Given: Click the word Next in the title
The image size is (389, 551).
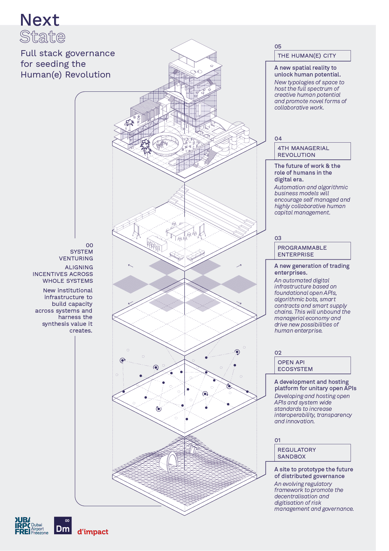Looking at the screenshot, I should tap(40, 20).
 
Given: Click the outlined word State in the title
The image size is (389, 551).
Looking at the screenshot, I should tap(42, 37).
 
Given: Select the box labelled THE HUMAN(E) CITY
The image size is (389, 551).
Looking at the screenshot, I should tap(312, 55).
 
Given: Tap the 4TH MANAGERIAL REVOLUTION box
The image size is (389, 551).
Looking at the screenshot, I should tap(312, 151).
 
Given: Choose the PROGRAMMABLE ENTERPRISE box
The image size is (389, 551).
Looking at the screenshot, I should tap(312, 251).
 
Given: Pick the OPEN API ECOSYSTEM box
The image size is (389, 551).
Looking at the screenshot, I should tap(312, 365).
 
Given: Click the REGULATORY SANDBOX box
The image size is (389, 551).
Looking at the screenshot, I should tap(312, 453).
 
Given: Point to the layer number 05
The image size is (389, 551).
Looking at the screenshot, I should tap(278, 47).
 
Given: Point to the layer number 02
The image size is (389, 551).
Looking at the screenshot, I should tap(278, 353).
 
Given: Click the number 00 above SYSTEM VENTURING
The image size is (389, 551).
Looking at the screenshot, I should tap(89, 245).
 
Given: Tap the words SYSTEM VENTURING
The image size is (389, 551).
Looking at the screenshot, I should tap(76, 255).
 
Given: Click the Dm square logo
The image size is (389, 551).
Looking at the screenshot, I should tap(63, 525).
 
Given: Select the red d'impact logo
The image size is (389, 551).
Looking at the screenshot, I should tap(93, 532).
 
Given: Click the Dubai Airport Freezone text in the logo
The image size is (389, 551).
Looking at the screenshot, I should tap(40, 529).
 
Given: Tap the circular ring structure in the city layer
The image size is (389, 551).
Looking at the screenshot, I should tap(165, 144).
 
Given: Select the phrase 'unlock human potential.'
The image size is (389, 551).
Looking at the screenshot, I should tap(307, 74).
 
